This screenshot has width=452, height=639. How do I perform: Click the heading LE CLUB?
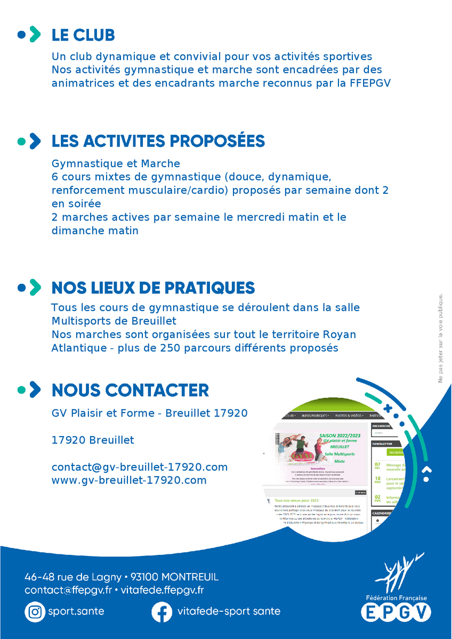tap(83, 35)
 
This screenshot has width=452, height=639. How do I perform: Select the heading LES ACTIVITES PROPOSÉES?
tap(158, 141)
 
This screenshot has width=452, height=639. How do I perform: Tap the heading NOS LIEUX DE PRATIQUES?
tap(153, 288)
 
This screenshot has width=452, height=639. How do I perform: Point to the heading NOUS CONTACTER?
tap(130, 390)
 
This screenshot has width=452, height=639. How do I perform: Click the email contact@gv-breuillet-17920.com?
tap(140, 467)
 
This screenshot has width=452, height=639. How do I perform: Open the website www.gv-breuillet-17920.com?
tap(129, 480)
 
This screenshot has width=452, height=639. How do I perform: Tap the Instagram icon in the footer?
tap(35, 611)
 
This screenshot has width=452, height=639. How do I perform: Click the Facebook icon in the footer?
tap(162, 611)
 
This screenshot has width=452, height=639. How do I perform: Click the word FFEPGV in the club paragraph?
tap(371, 83)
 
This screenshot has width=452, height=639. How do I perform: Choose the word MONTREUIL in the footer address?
tap(189, 577)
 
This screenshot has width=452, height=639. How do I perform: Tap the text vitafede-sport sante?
tap(229, 611)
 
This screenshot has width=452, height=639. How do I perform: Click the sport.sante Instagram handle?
tap(76, 611)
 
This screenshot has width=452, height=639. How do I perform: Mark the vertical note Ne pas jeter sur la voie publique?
tap(440, 338)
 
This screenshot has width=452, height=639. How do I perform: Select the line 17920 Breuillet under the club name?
tap(93, 440)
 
